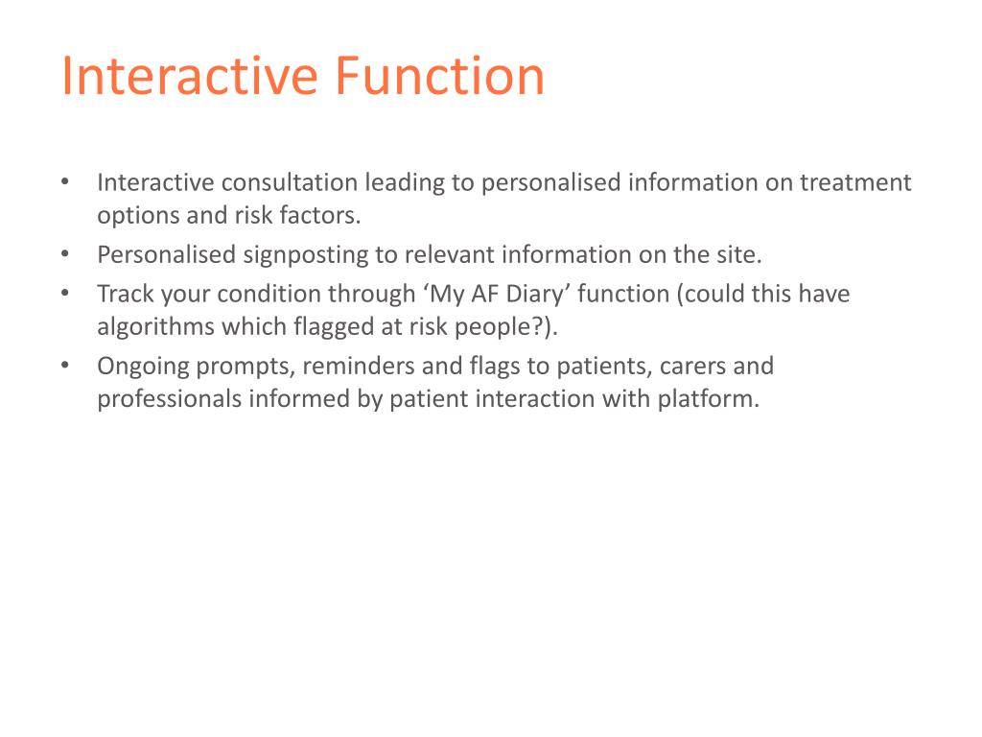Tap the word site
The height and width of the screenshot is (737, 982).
tap(744, 255)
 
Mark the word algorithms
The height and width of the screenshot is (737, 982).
tap(156, 326)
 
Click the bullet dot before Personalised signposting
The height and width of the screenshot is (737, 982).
tap(64, 255)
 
